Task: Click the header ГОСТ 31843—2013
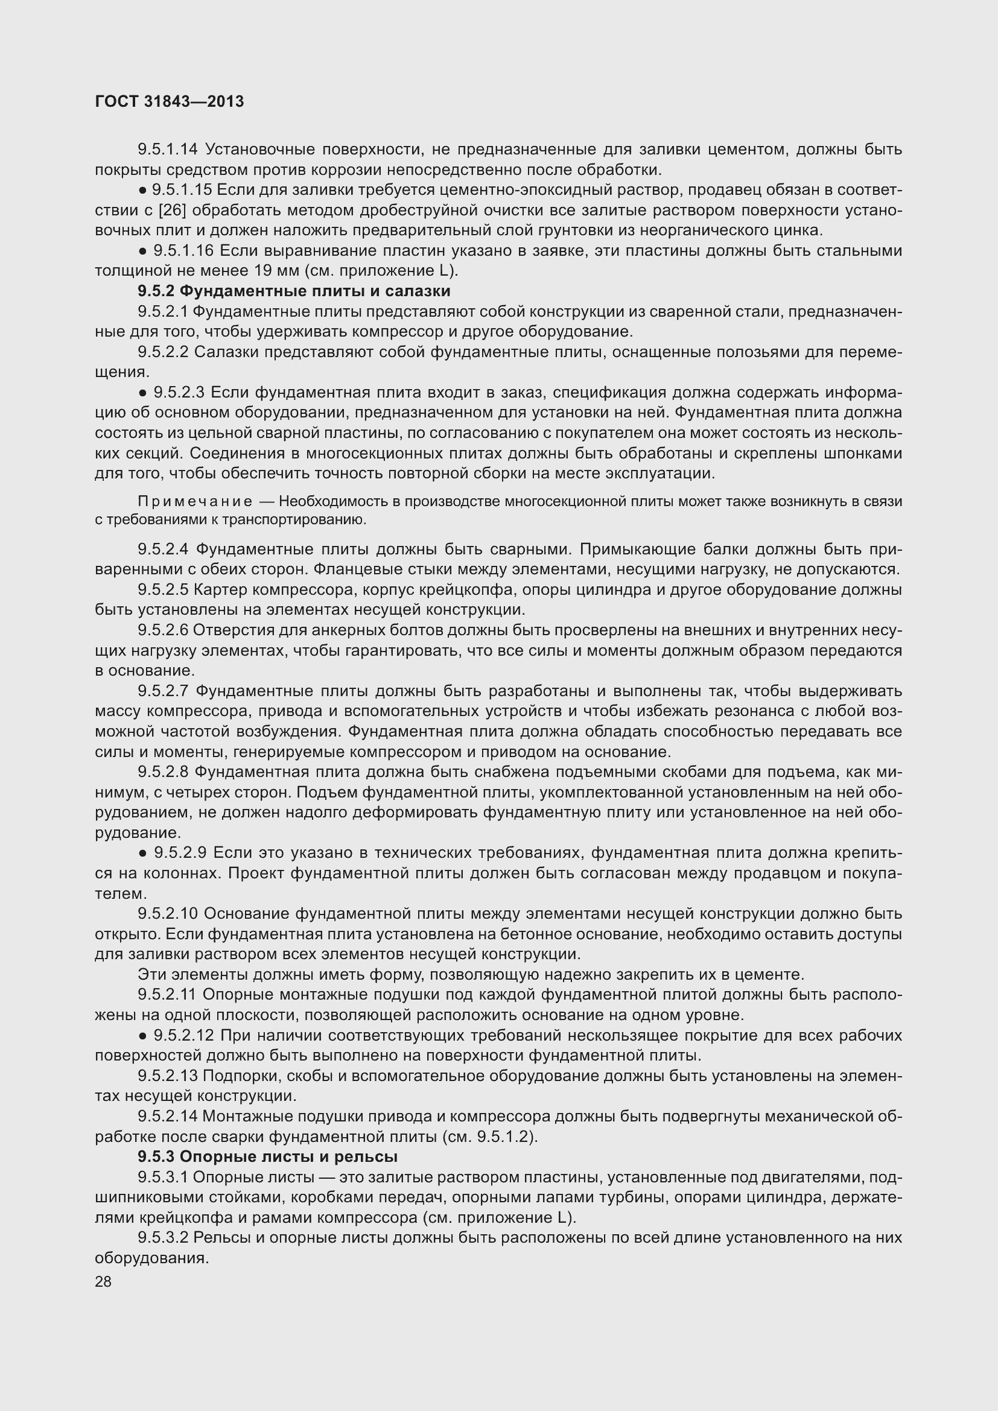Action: coord(170,101)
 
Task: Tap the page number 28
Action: coord(103,1281)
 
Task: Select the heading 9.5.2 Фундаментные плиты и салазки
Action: coord(294,291)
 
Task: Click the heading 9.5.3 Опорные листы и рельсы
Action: coord(267,1156)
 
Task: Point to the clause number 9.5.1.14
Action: coord(167,150)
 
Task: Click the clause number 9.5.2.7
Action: coord(163,691)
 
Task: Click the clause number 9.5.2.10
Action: coord(167,914)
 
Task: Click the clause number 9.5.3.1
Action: coord(163,1177)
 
